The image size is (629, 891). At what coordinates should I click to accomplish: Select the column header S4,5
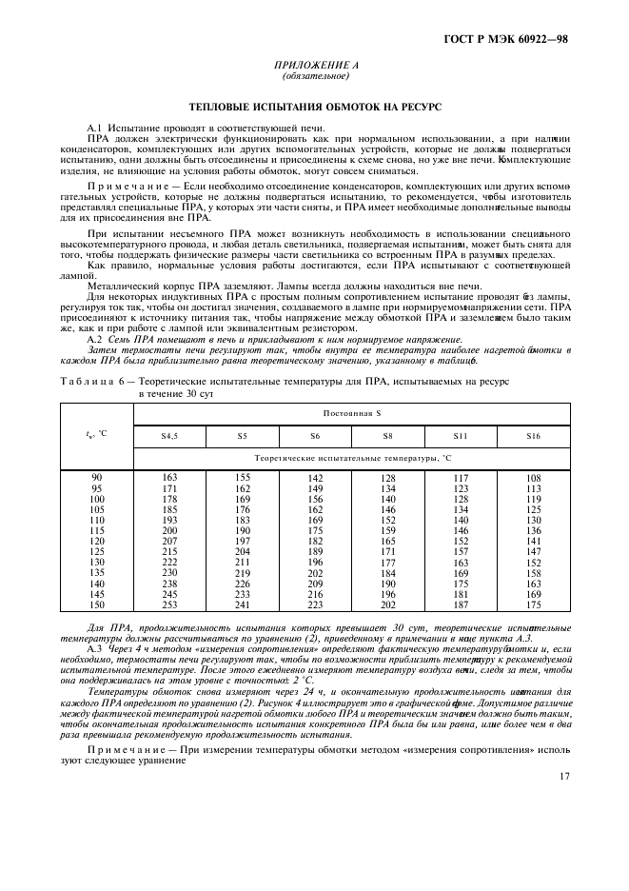coord(170,436)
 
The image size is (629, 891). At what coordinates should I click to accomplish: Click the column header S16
coord(533,436)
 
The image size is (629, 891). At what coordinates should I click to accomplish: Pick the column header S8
coord(387,436)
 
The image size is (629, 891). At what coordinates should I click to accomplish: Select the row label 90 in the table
coord(97,477)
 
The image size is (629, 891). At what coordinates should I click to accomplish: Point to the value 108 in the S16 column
coord(533,477)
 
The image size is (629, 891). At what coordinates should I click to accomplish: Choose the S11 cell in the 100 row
coord(461,498)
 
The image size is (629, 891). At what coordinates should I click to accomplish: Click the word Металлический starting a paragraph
coord(119,284)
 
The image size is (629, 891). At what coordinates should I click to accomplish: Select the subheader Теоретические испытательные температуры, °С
coord(351,458)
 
